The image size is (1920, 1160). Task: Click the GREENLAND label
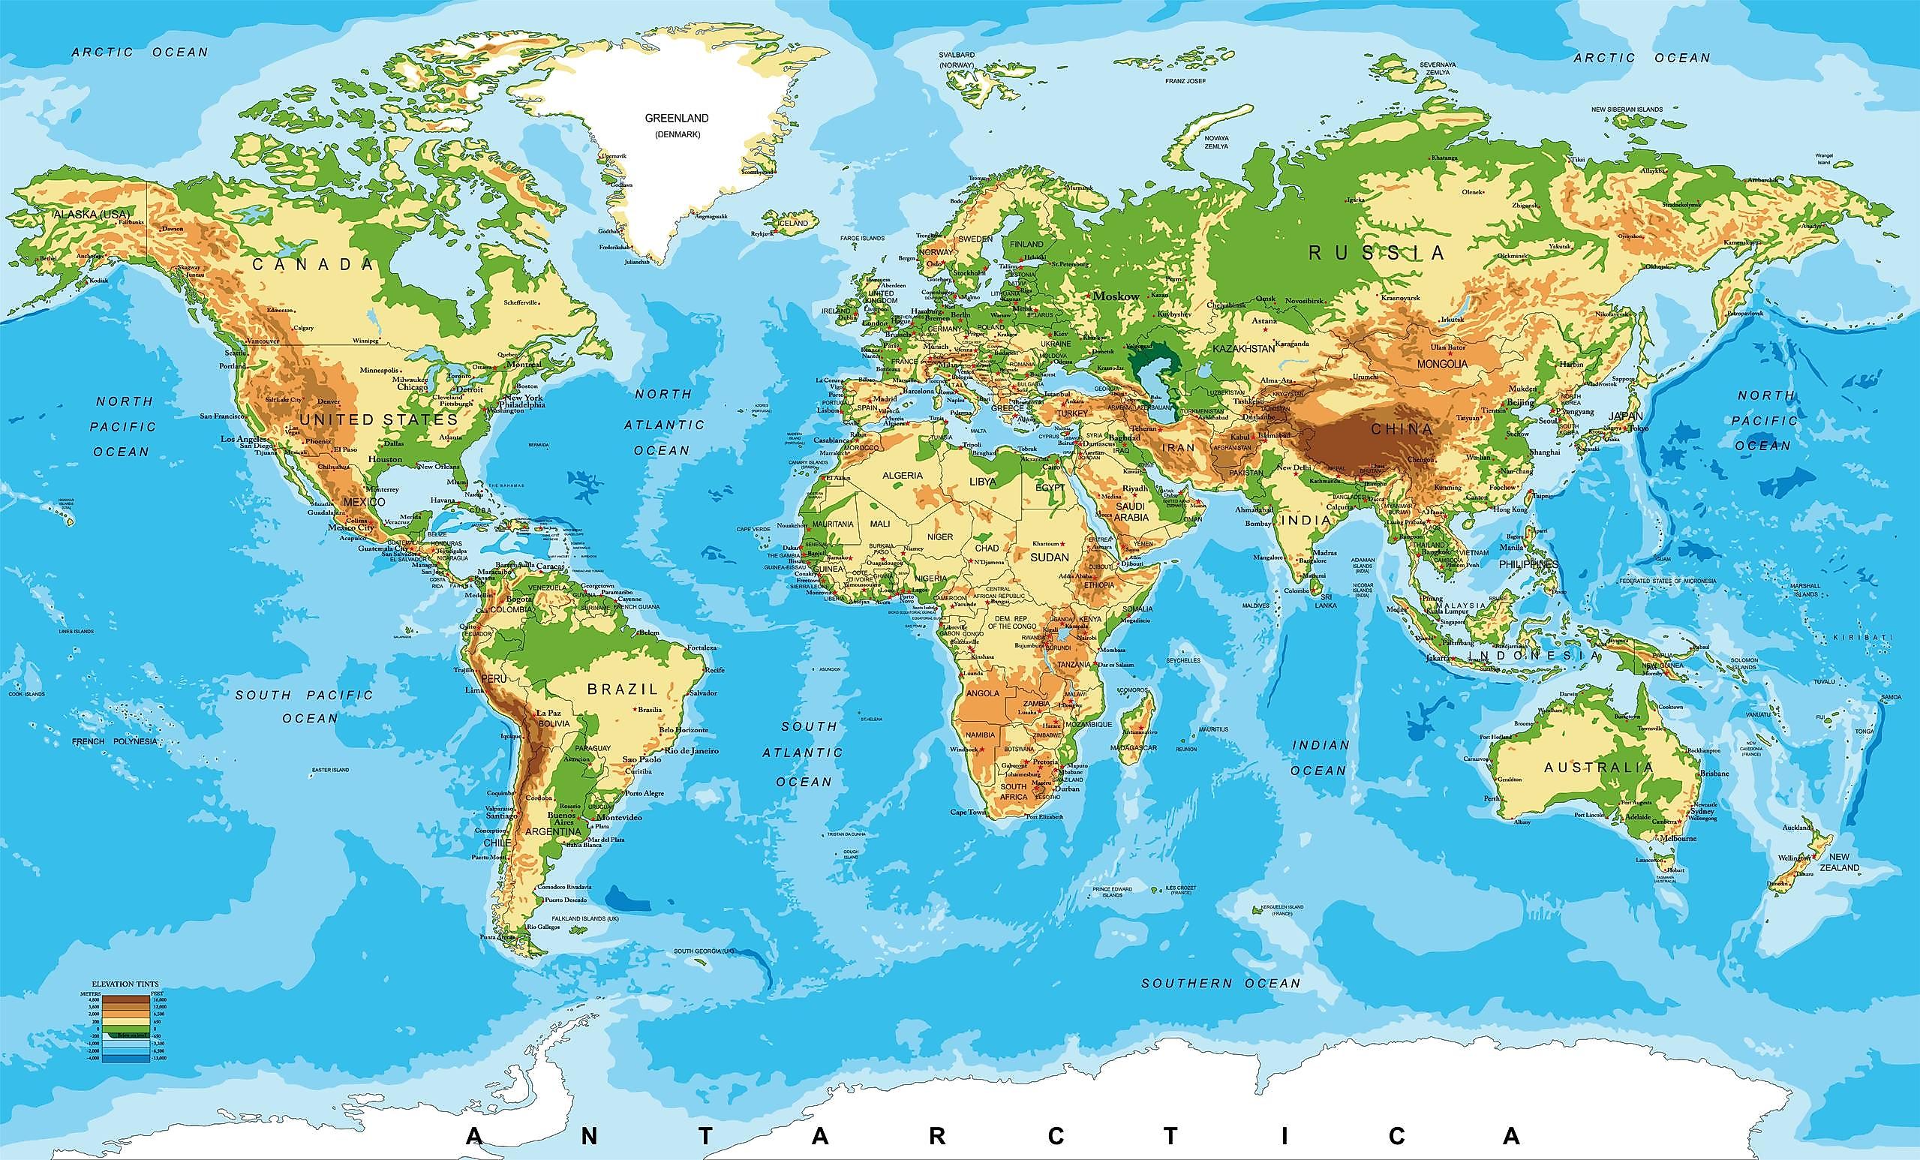coord(676,119)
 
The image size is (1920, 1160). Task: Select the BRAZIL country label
coord(623,689)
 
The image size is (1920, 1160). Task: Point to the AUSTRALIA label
coord(1598,768)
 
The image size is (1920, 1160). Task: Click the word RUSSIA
coord(1376,252)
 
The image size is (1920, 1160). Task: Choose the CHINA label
coord(1401,428)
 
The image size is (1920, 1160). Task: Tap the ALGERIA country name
coord(903,475)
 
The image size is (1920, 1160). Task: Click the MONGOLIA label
coord(1441,364)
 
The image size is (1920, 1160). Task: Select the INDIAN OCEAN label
coord(1320,757)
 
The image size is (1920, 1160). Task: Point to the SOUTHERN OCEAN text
coord(1221,983)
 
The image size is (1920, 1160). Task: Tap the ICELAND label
coord(793,224)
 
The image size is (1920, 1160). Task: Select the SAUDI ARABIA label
coord(1131,512)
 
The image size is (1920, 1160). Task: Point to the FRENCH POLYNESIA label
coord(114,741)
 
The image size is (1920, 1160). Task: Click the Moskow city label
coord(1116,296)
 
